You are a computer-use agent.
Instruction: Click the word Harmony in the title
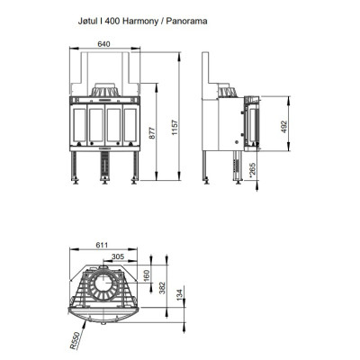click(140, 22)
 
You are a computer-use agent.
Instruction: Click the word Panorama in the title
click(186, 21)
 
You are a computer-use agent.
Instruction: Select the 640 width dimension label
click(103, 44)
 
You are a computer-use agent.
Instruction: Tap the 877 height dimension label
click(152, 133)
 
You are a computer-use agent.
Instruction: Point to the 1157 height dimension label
click(175, 128)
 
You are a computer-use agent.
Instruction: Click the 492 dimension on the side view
click(284, 127)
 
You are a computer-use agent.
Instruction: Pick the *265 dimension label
click(252, 170)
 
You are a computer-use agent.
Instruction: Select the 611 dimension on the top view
click(102, 245)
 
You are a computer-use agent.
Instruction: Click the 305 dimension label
click(118, 256)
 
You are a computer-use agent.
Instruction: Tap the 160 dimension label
click(146, 276)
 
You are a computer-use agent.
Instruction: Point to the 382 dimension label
click(162, 288)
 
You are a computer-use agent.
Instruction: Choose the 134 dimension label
click(179, 295)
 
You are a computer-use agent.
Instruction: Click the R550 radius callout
click(75, 340)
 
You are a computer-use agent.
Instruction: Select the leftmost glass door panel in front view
click(79, 125)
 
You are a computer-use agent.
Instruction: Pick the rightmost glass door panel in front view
click(130, 125)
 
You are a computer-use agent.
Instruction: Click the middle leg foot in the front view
click(105, 181)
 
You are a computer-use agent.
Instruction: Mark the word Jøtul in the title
click(87, 22)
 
